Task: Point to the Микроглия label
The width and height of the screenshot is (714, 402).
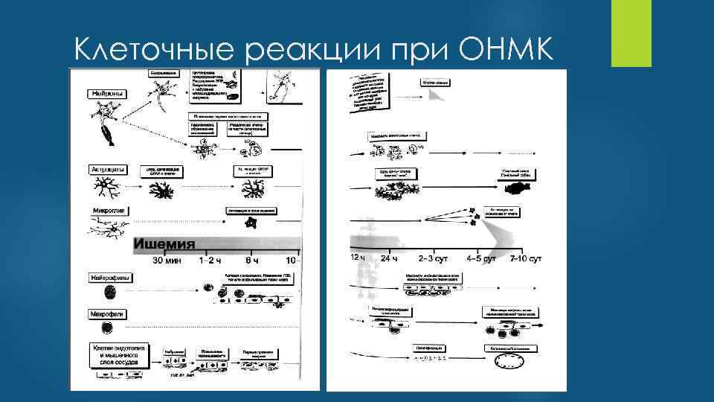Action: click(x=109, y=211)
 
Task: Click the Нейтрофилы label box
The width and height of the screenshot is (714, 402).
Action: click(x=109, y=278)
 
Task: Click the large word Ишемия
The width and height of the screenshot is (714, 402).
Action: click(x=164, y=244)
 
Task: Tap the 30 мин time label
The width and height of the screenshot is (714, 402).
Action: click(x=167, y=261)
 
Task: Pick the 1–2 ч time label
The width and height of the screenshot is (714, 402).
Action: click(x=212, y=261)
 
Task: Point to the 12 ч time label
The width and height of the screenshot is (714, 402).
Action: click(x=358, y=258)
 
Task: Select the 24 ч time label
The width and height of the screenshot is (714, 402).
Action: click(x=390, y=258)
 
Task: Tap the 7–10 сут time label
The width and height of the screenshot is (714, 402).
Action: click(x=526, y=258)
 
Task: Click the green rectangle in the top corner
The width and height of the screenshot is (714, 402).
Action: click(x=631, y=33)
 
